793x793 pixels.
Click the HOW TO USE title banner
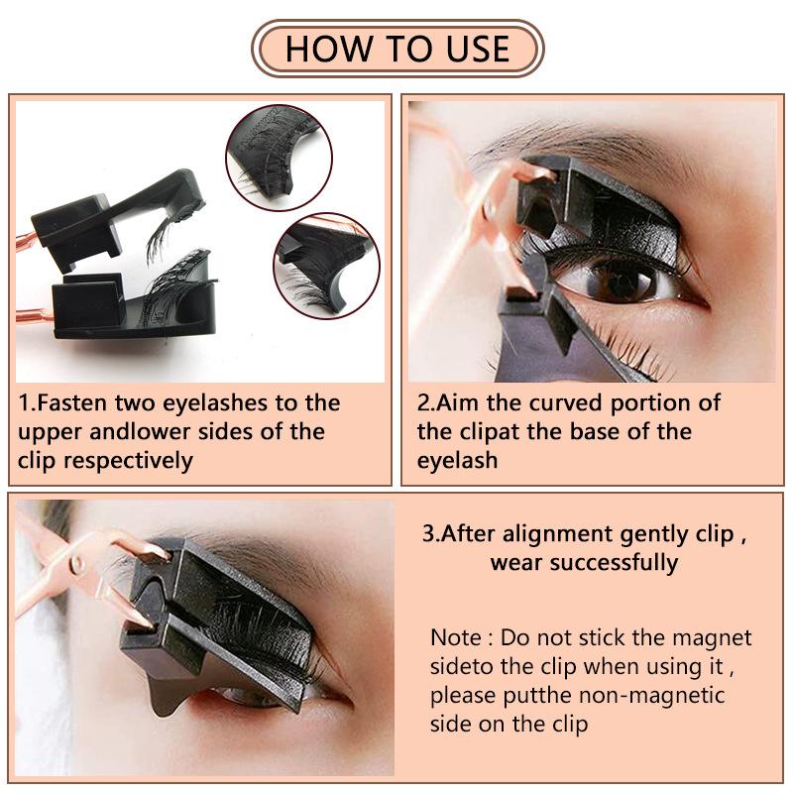[396, 48]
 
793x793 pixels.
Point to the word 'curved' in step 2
[568, 403]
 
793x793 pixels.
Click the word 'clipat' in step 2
[485, 432]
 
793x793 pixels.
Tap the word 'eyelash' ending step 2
[457, 461]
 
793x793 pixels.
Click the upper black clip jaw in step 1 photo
[109, 213]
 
